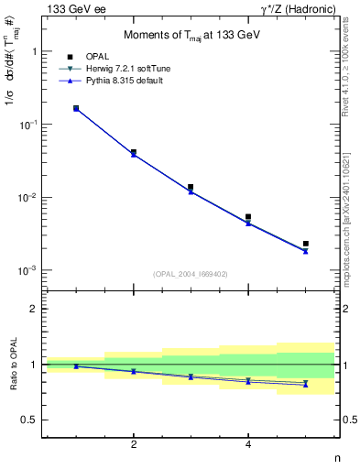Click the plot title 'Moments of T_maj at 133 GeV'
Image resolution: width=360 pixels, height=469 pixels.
[191, 37]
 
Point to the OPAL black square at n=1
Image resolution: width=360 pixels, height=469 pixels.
[76, 108]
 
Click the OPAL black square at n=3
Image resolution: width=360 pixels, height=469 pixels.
[191, 188]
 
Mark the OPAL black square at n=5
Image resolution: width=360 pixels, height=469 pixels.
[306, 244]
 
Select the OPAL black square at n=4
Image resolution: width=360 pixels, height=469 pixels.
[248, 217]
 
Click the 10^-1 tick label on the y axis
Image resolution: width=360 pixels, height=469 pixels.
[29, 125]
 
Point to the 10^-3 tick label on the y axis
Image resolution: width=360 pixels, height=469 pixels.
[29, 271]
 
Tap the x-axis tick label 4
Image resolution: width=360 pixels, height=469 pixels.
[248, 444]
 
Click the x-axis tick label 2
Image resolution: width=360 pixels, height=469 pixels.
[134, 444]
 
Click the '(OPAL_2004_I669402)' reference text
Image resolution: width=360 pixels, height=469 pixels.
[191, 273]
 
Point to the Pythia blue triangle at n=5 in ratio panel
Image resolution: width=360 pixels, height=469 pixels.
[306, 385]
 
